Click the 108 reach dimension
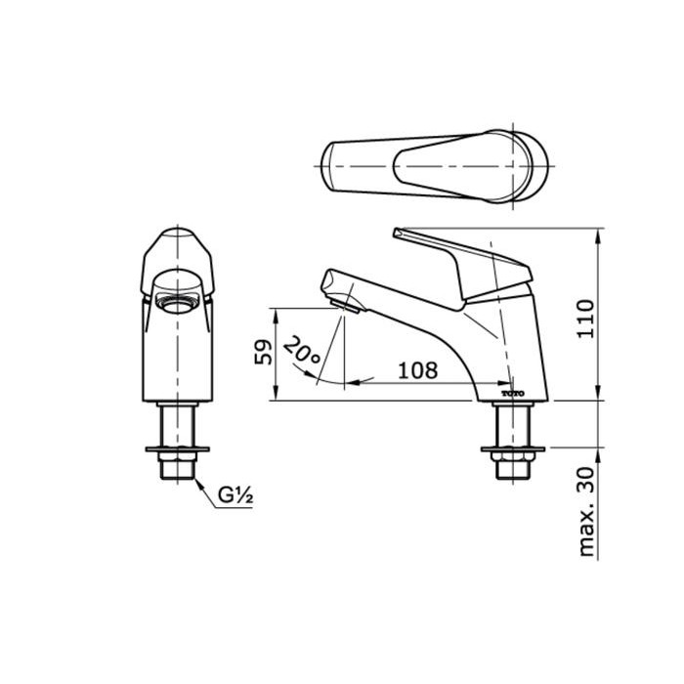417,369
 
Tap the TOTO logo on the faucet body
513,392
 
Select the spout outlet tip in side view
344,303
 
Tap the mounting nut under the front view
176,451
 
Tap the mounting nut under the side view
512,451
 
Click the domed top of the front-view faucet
176,238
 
